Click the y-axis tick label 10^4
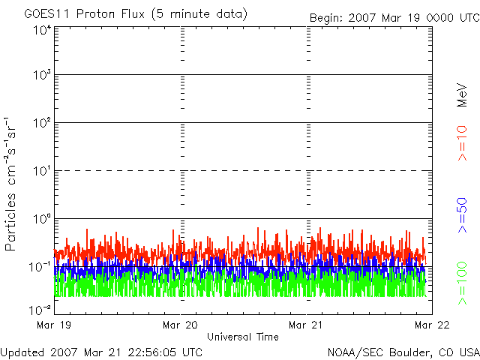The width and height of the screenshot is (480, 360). pos(40,30)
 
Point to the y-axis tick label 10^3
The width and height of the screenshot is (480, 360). pos(40,75)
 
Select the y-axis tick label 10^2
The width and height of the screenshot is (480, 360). pos(40,123)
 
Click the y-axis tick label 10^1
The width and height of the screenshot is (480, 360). pos(40,171)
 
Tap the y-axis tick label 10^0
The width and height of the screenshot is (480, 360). pos(40,219)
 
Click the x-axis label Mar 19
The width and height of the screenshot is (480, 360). pos(53,325)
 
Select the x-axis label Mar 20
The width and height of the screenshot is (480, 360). pos(180,325)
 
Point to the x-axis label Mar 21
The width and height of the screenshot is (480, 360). pos(307,325)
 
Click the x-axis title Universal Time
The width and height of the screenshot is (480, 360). pos(242,337)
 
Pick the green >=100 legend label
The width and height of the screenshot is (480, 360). pos(463,282)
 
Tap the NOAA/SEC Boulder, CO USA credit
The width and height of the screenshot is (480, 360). pos(403,352)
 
